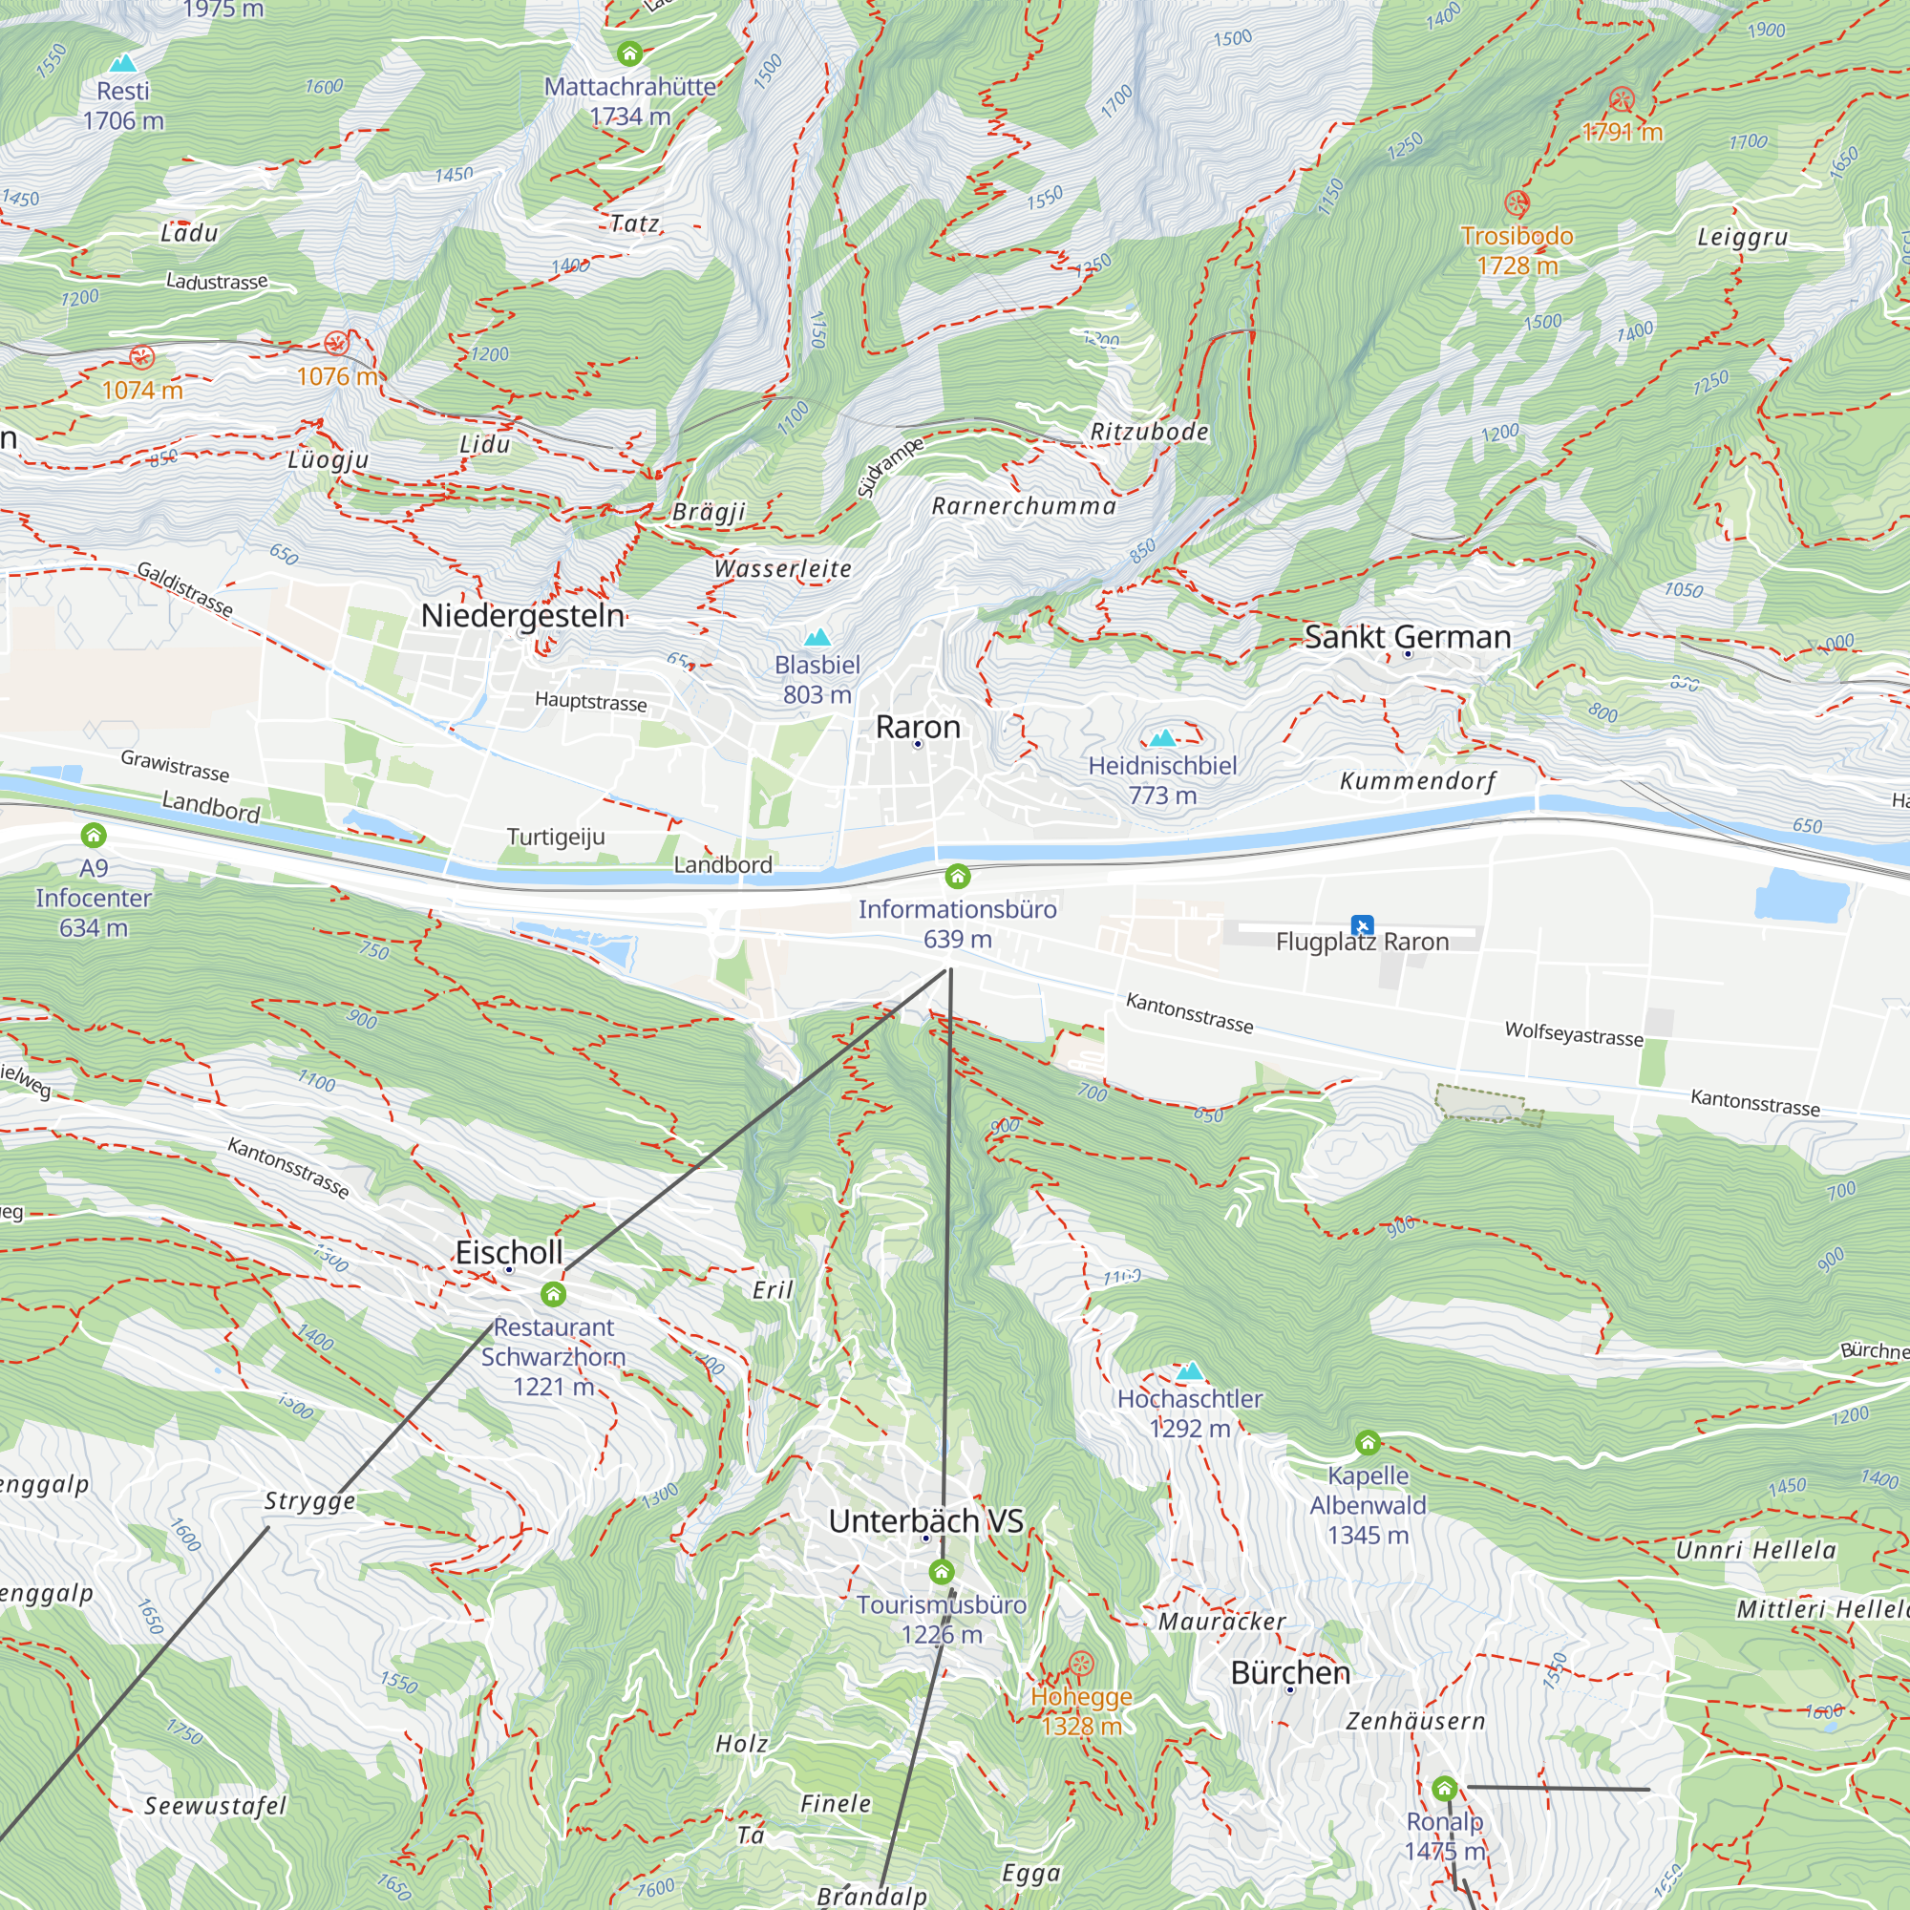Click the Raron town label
918,727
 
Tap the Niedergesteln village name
522,615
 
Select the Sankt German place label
1407,637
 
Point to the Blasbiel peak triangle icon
817,637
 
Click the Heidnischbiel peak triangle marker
1162,737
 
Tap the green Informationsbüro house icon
957,876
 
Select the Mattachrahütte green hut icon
629,53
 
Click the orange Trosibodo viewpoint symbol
1517,203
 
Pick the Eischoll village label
508,1252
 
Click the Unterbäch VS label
925,1520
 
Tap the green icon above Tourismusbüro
942,1571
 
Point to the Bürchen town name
1290,1672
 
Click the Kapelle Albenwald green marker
1368,1442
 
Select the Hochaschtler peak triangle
1189,1370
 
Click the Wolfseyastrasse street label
1574,1034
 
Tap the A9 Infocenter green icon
94,836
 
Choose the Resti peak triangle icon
122,63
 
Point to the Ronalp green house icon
1444,1788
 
